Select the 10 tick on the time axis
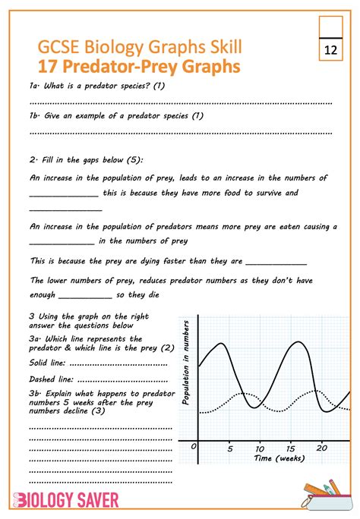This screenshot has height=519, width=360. pyautogui.click(x=259, y=449)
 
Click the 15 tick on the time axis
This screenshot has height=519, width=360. pyautogui.click(x=290, y=449)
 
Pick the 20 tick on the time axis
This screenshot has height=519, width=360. pyautogui.click(x=322, y=449)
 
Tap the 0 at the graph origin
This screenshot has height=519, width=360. pyautogui.click(x=194, y=448)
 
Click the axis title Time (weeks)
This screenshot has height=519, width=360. pyautogui.click(x=279, y=459)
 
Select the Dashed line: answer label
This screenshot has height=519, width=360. pyautogui.click(x=52, y=379)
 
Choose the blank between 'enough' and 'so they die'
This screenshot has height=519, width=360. pyautogui.click(x=84, y=297)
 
